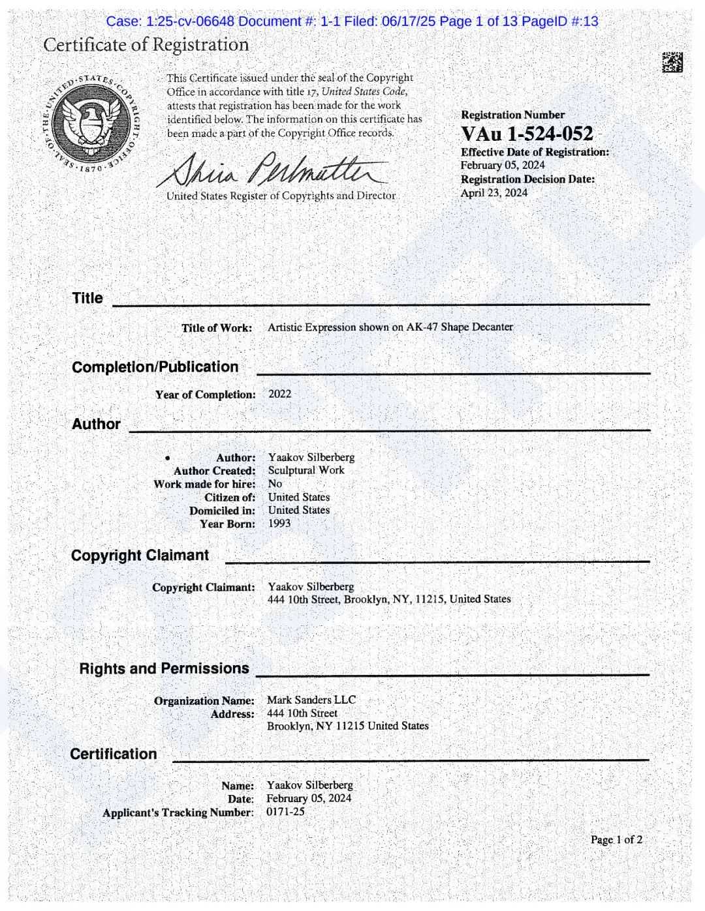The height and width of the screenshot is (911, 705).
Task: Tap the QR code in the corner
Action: (672, 63)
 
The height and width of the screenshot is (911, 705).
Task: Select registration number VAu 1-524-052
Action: (527, 134)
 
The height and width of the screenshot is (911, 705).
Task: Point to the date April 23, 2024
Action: (493, 193)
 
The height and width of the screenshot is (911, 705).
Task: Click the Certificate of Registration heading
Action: (146, 45)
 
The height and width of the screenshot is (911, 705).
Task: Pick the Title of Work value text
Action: (390, 327)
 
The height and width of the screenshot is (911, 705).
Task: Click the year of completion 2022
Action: (279, 394)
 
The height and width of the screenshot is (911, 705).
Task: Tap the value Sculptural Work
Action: (305, 470)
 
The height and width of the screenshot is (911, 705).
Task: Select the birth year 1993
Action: (279, 523)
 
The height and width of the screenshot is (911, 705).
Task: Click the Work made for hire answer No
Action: (275, 484)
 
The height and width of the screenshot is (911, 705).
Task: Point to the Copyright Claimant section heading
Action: (140, 556)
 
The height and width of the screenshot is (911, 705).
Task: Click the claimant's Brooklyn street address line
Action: (389, 599)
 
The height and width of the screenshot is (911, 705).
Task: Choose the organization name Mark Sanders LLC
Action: (311, 700)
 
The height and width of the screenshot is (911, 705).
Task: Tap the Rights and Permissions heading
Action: (164, 669)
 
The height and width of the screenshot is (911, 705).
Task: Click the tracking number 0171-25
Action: (285, 812)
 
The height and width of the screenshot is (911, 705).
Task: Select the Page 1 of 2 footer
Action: (616, 840)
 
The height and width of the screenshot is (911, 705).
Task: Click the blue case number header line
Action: (352, 22)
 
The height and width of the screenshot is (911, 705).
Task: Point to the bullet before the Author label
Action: (168, 458)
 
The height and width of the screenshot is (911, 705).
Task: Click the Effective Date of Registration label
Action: (534, 152)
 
